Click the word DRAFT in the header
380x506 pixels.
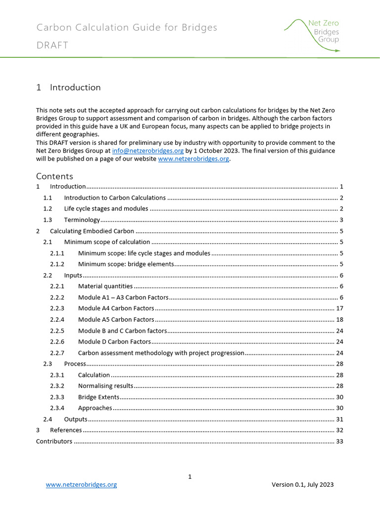pos(52,45)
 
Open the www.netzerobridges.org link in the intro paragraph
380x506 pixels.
pos(193,159)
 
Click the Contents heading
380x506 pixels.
pos(54,176)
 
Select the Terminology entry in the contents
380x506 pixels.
pos(82,220)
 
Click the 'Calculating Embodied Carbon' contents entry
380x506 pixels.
pos(92,231)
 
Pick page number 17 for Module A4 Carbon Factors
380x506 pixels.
pos(339,308)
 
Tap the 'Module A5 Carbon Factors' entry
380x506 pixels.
pos(116,320)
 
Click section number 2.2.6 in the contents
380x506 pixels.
pos(57,342)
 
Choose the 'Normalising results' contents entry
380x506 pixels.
pos(105,386)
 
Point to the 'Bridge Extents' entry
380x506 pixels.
pos(98,397)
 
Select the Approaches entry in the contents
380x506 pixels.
pos(95,408)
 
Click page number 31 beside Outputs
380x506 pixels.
pos(339,420)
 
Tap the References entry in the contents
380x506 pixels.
pos(66,430)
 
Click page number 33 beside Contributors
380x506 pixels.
pos(339,442)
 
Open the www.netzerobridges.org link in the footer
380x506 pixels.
pos(81,485)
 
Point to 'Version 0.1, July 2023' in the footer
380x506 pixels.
pos(302,485)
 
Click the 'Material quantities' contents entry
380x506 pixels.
pos(105,286)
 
